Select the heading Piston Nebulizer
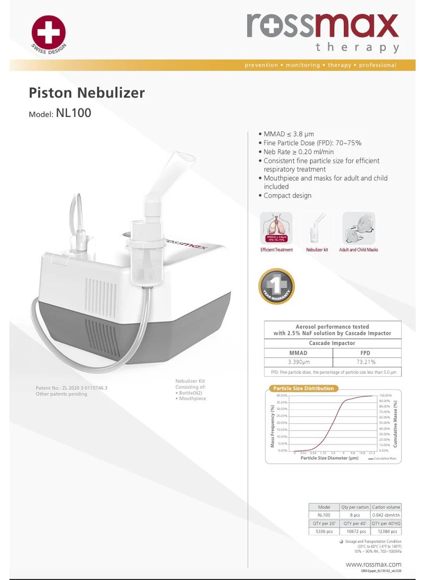point(87,93)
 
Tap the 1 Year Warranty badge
point(276,286)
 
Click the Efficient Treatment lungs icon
point(276,228)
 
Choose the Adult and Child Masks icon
point(359,228)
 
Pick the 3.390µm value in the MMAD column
point(298,362)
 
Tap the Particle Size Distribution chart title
point(303,388)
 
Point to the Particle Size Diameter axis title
point(329,458)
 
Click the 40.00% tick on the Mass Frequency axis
point(282,396)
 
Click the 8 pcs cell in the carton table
point(355,515)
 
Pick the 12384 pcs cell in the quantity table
point(386,531)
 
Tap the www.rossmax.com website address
point(373,564)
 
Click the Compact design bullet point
point(287,196)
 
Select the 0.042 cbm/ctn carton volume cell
point(386,515)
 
